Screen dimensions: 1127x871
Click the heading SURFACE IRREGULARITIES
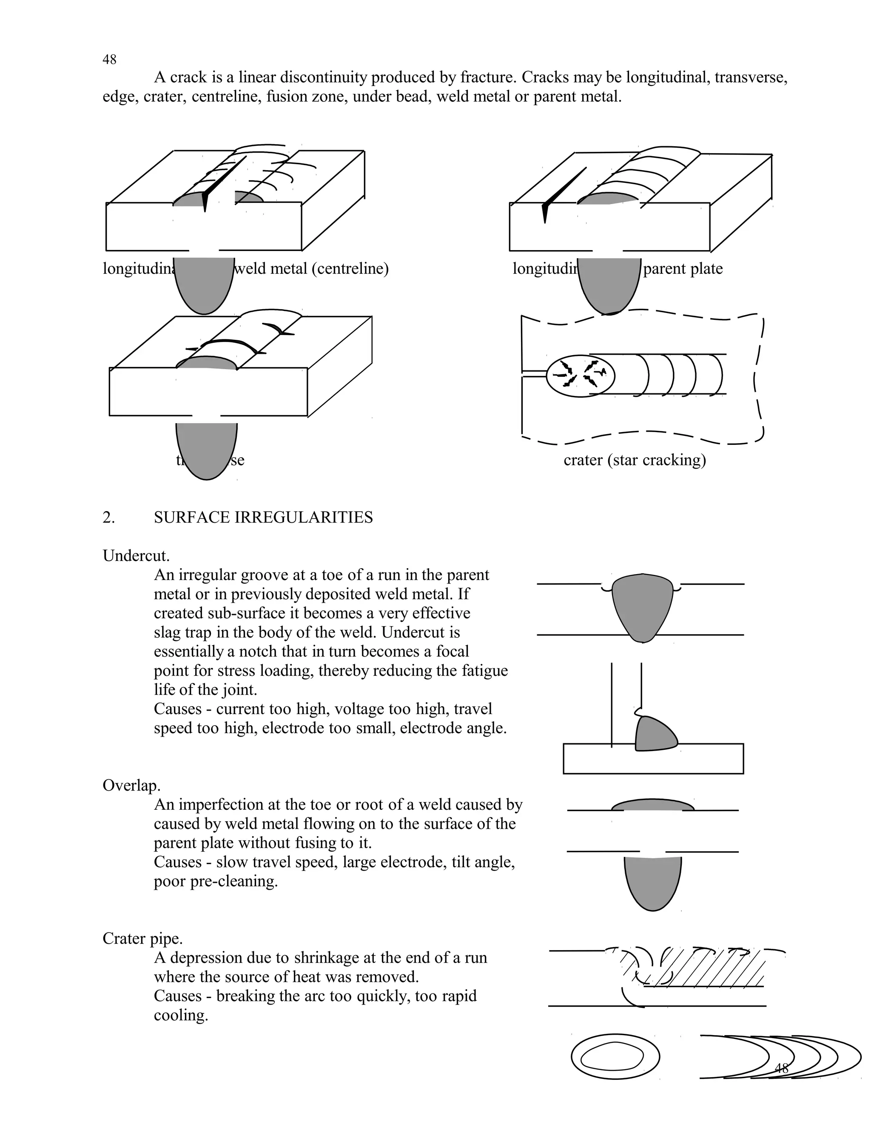point(263,517)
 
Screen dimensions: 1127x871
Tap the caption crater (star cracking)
point(634,459)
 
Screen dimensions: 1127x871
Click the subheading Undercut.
point(136,556)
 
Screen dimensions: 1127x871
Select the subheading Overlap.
point(131,785)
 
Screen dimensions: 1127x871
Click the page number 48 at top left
point(109,60)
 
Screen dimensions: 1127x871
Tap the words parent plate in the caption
point(683,268)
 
